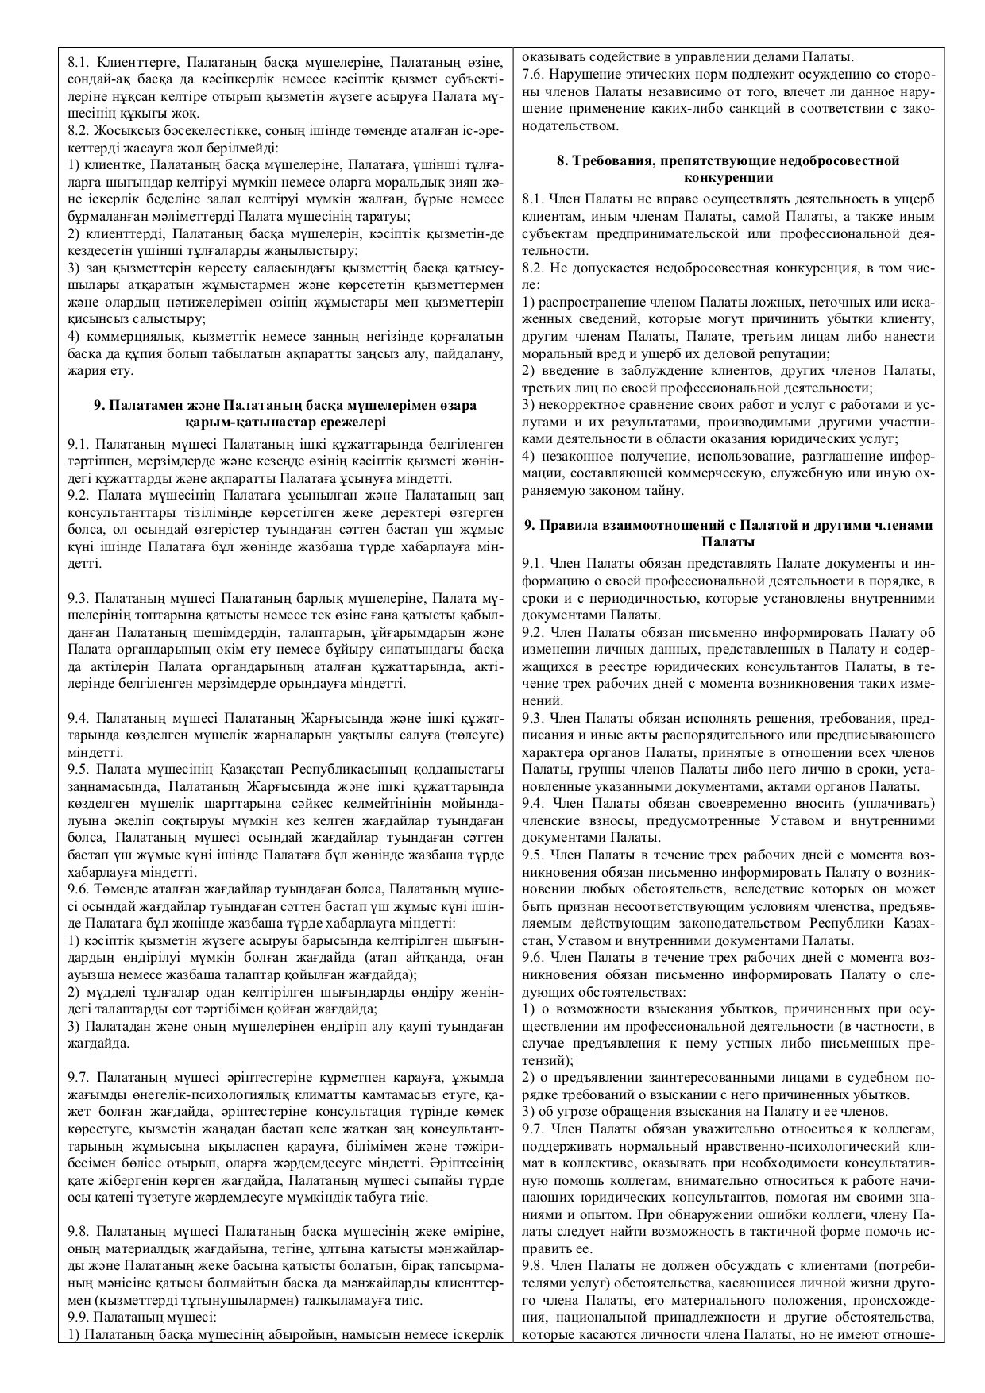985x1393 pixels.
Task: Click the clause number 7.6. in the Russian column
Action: click(535, 74)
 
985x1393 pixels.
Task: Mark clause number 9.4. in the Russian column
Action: click(535, 801)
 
